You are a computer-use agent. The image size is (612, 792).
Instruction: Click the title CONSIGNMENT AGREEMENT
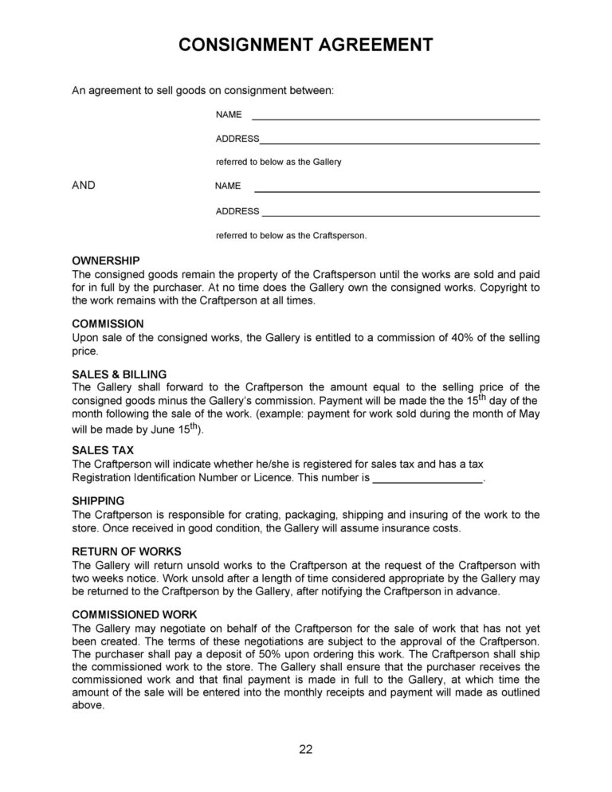[x=306, y=45]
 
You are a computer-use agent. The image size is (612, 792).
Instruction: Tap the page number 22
[x=306, y=748]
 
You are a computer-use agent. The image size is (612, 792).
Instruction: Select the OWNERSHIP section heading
[x=106, y=261]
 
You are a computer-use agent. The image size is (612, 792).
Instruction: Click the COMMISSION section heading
[x=108, y=324]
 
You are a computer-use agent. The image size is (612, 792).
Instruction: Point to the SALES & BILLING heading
[x=120, y=374]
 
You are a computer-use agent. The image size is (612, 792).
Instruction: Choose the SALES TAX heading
[x=102, y=450]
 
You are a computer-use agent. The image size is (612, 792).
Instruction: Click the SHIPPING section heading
[x=98, y=501]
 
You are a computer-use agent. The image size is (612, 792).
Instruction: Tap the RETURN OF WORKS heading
[x=127, y=551]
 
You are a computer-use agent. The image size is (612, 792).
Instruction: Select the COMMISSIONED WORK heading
[x=135, y=614]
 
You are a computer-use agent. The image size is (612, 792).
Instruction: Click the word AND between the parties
[x=84, y=185]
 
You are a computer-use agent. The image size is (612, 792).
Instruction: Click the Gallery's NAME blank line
[x=395, y=118]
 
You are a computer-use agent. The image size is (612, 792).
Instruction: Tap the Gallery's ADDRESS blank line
[x=399, y=142]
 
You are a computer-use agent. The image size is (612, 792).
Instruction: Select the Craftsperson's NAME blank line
[x=395, y=191]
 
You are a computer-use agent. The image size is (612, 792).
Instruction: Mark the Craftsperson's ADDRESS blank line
[x=400, y=215]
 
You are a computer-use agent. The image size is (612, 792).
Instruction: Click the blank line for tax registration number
[x=428, y=481]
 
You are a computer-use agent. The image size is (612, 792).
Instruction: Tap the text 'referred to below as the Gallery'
[x=278, y=162]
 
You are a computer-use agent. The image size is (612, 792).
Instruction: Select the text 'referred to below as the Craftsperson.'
[x=291, y=236]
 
